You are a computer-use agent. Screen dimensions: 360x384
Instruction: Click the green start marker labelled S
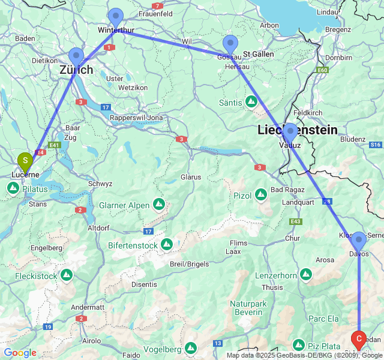25,161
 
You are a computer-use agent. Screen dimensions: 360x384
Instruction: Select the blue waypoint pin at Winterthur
115,17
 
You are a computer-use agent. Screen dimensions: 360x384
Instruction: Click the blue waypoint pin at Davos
358,241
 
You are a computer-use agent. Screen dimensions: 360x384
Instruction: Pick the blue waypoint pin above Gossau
230,44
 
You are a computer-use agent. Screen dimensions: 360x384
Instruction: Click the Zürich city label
76,70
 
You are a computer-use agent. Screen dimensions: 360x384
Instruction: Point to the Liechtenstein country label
297,130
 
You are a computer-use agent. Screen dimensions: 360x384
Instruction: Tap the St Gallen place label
259,54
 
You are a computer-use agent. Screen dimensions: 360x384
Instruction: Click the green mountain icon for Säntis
252,103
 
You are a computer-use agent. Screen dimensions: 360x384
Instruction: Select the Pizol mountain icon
261,195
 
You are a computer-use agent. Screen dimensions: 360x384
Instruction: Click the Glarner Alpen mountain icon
159,205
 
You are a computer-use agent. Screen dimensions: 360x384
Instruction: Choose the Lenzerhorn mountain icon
306,275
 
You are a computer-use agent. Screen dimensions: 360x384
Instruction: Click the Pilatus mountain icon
13,188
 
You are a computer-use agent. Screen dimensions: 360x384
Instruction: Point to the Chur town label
292,238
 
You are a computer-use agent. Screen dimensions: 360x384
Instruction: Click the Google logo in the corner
20,353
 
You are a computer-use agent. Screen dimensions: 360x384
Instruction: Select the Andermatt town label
88,307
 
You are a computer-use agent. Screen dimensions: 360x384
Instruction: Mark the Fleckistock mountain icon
66,275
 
